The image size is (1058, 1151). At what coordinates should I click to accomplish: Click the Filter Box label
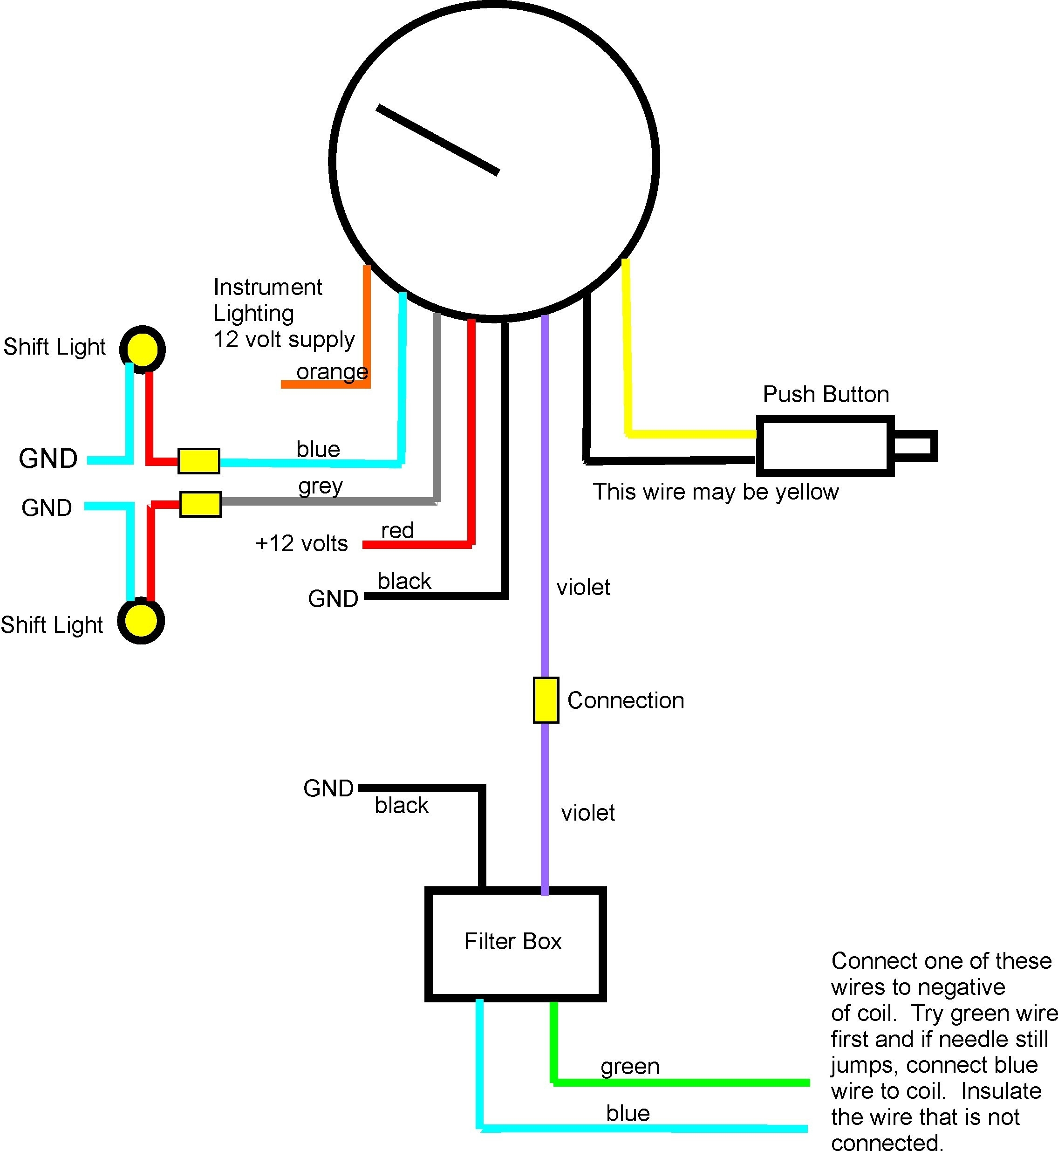512,941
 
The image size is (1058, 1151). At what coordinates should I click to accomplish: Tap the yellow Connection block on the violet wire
546,700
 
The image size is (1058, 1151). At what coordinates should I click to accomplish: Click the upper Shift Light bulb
142,349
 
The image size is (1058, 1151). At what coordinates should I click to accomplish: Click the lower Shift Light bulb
141,621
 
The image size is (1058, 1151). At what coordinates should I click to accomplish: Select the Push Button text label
826,395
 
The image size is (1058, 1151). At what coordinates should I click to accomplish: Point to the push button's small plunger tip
915,445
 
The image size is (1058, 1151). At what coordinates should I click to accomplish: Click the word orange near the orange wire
332,372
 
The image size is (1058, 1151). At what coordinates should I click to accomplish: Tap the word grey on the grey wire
320,486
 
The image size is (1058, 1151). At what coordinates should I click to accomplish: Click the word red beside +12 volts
397,530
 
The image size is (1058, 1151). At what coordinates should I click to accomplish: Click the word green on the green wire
630,1066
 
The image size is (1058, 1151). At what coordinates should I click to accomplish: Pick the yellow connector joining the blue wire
198,461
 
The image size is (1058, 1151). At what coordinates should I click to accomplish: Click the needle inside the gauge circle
438,140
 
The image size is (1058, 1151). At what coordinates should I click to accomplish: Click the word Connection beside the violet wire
625,700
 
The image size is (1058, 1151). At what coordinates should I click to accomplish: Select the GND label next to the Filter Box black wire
328,788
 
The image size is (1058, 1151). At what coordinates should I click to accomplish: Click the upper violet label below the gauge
583,588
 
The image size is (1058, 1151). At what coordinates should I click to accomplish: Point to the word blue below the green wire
628,1113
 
